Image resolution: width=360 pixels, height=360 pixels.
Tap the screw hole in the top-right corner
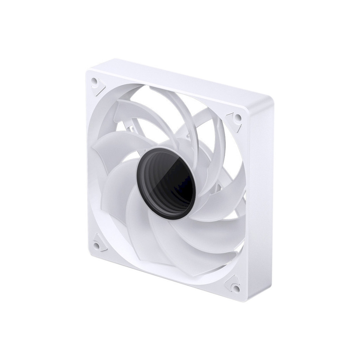[238, 117]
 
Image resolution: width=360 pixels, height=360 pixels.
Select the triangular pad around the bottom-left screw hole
[99, 243]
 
